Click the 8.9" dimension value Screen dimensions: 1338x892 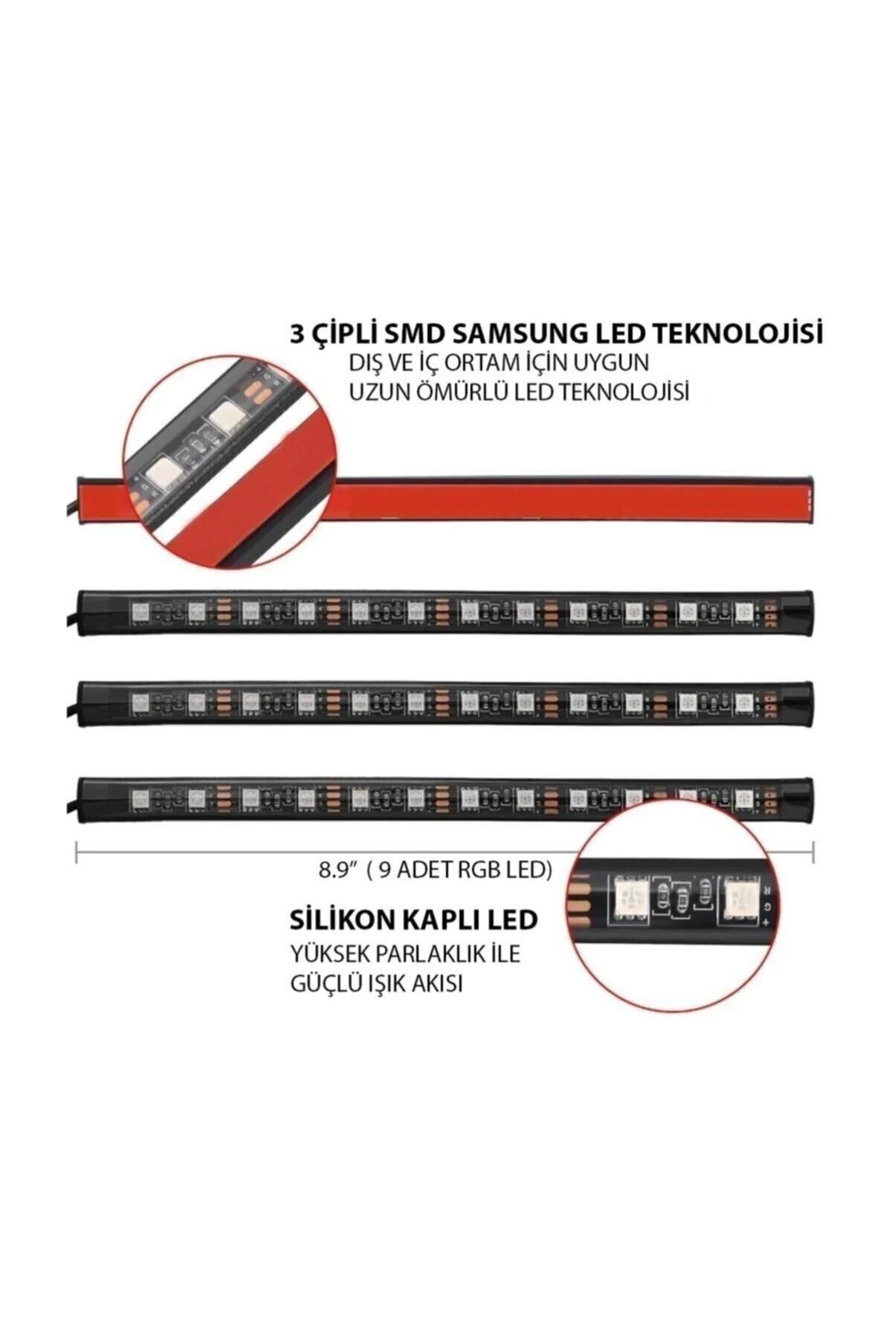[335, 870]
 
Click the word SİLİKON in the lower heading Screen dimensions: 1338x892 [343, 920]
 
